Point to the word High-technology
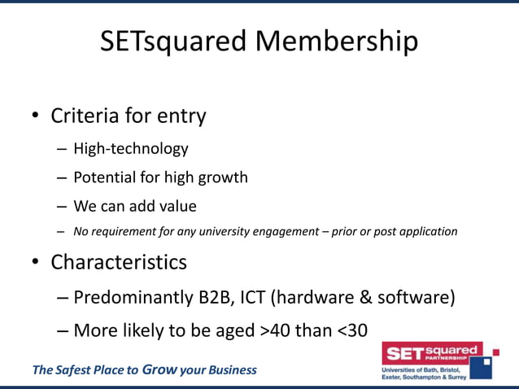coord(130,149)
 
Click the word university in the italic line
coord(240,231)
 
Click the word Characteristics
coord(119,262)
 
